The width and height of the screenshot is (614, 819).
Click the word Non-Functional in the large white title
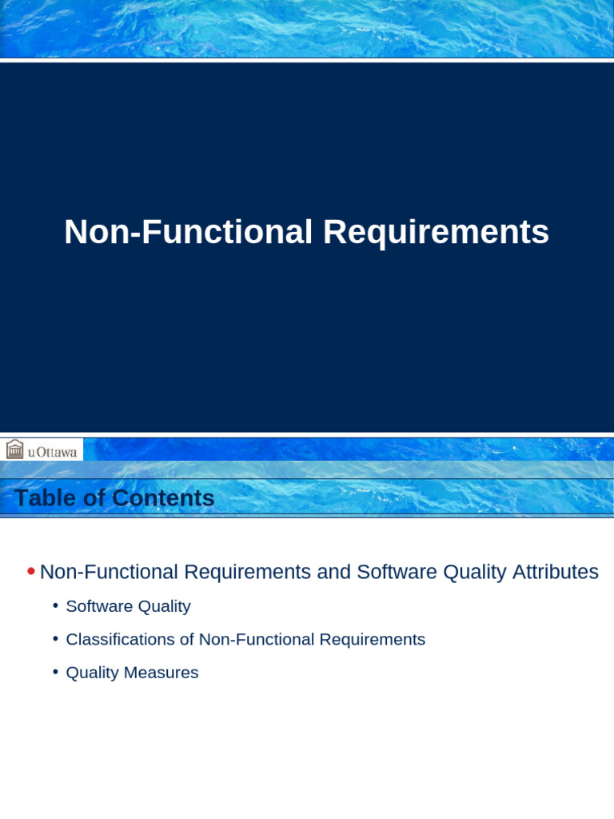tap(188, 233)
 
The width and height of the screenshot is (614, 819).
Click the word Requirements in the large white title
tap(436, 233)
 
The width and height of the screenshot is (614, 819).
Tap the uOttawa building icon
tap(14, 449)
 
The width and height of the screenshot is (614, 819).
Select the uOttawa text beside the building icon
tap(53, 452)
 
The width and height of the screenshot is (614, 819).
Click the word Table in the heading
tap(45, 498)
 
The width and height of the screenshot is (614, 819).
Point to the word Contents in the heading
tap(163, 498)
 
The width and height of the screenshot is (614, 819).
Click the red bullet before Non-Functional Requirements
tap(30, 571)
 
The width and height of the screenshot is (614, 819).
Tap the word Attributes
tap(555, 572)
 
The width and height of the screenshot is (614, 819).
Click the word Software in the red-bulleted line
tap(391, 572)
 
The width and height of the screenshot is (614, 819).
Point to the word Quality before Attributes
tap(468, 572)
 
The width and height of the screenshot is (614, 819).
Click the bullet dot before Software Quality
tap(55, 605)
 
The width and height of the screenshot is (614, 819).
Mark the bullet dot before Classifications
tap(55, 638)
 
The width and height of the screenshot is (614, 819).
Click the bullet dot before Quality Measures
tap(55, 672)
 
